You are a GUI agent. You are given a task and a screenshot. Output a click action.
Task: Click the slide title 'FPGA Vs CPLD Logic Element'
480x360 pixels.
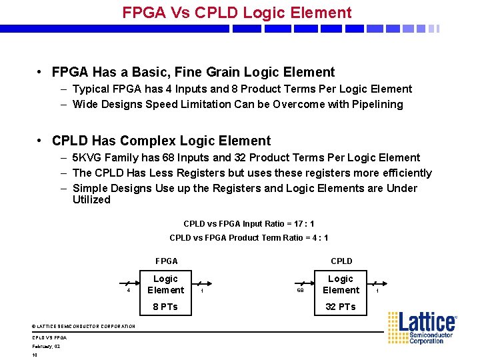coord(237,13)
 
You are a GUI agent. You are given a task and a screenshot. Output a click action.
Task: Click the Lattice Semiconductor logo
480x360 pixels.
coord(422,327)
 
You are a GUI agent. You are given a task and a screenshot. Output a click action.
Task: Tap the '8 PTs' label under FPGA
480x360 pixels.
coord(165,307)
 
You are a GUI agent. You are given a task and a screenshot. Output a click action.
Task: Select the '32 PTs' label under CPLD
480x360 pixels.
coord(340,307)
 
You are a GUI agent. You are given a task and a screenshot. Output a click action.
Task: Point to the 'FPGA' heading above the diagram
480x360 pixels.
coord(166,261)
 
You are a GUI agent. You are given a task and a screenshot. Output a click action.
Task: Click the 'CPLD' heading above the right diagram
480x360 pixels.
coord(341,261)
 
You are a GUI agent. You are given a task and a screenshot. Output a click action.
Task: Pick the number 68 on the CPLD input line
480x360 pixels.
coord(300,291)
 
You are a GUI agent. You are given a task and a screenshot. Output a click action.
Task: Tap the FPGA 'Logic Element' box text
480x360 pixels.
coord(165,284)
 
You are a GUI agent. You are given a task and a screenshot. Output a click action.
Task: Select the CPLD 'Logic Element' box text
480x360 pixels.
coord(341,284)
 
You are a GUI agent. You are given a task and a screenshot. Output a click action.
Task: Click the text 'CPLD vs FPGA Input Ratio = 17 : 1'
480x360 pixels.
coord(249,224)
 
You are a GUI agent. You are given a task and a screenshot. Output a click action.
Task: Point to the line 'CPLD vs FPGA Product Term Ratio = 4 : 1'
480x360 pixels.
coord(249,238)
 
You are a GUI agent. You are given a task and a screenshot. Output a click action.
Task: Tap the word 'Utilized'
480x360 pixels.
coord(91,199)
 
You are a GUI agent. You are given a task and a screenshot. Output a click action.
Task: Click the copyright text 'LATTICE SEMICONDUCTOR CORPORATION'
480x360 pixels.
coord(86,326)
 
